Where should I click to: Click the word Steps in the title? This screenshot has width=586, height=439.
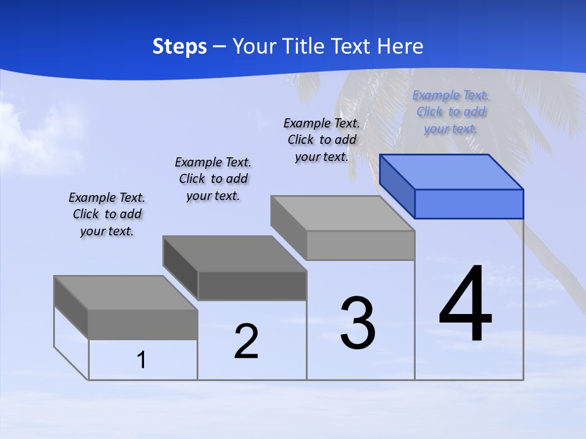[x=179, y=46]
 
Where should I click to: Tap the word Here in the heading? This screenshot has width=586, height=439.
[x=400, y=46]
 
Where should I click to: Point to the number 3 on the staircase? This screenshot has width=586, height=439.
[x=358, y=323]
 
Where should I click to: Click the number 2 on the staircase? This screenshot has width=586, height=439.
[x=246, y=341]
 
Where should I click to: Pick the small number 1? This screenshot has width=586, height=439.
[x=142, y=360]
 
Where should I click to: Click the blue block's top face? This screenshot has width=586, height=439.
[x=452, y=171]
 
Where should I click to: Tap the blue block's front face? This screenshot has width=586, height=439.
[x=469, y=204]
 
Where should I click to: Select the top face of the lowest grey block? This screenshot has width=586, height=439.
[x=125, y=293]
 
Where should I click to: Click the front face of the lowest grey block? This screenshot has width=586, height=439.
[x=143, y=324]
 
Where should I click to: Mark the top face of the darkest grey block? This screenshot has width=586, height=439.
[x=234, y=253]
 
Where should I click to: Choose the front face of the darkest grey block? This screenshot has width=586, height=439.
[x=252, y=285]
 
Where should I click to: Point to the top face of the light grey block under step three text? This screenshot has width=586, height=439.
[x=342, y=213]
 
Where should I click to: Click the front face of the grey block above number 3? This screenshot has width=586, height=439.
[x=360, y=245]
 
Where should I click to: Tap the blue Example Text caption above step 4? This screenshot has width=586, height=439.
[x=450, y=112]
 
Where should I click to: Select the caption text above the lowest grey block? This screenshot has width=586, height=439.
[x=107, y=214]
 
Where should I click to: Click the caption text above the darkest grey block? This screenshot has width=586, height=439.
[x=213, y=179]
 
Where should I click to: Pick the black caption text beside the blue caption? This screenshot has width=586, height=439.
[x=322, y=140]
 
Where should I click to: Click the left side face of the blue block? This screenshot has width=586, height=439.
[x=397, y=186]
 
